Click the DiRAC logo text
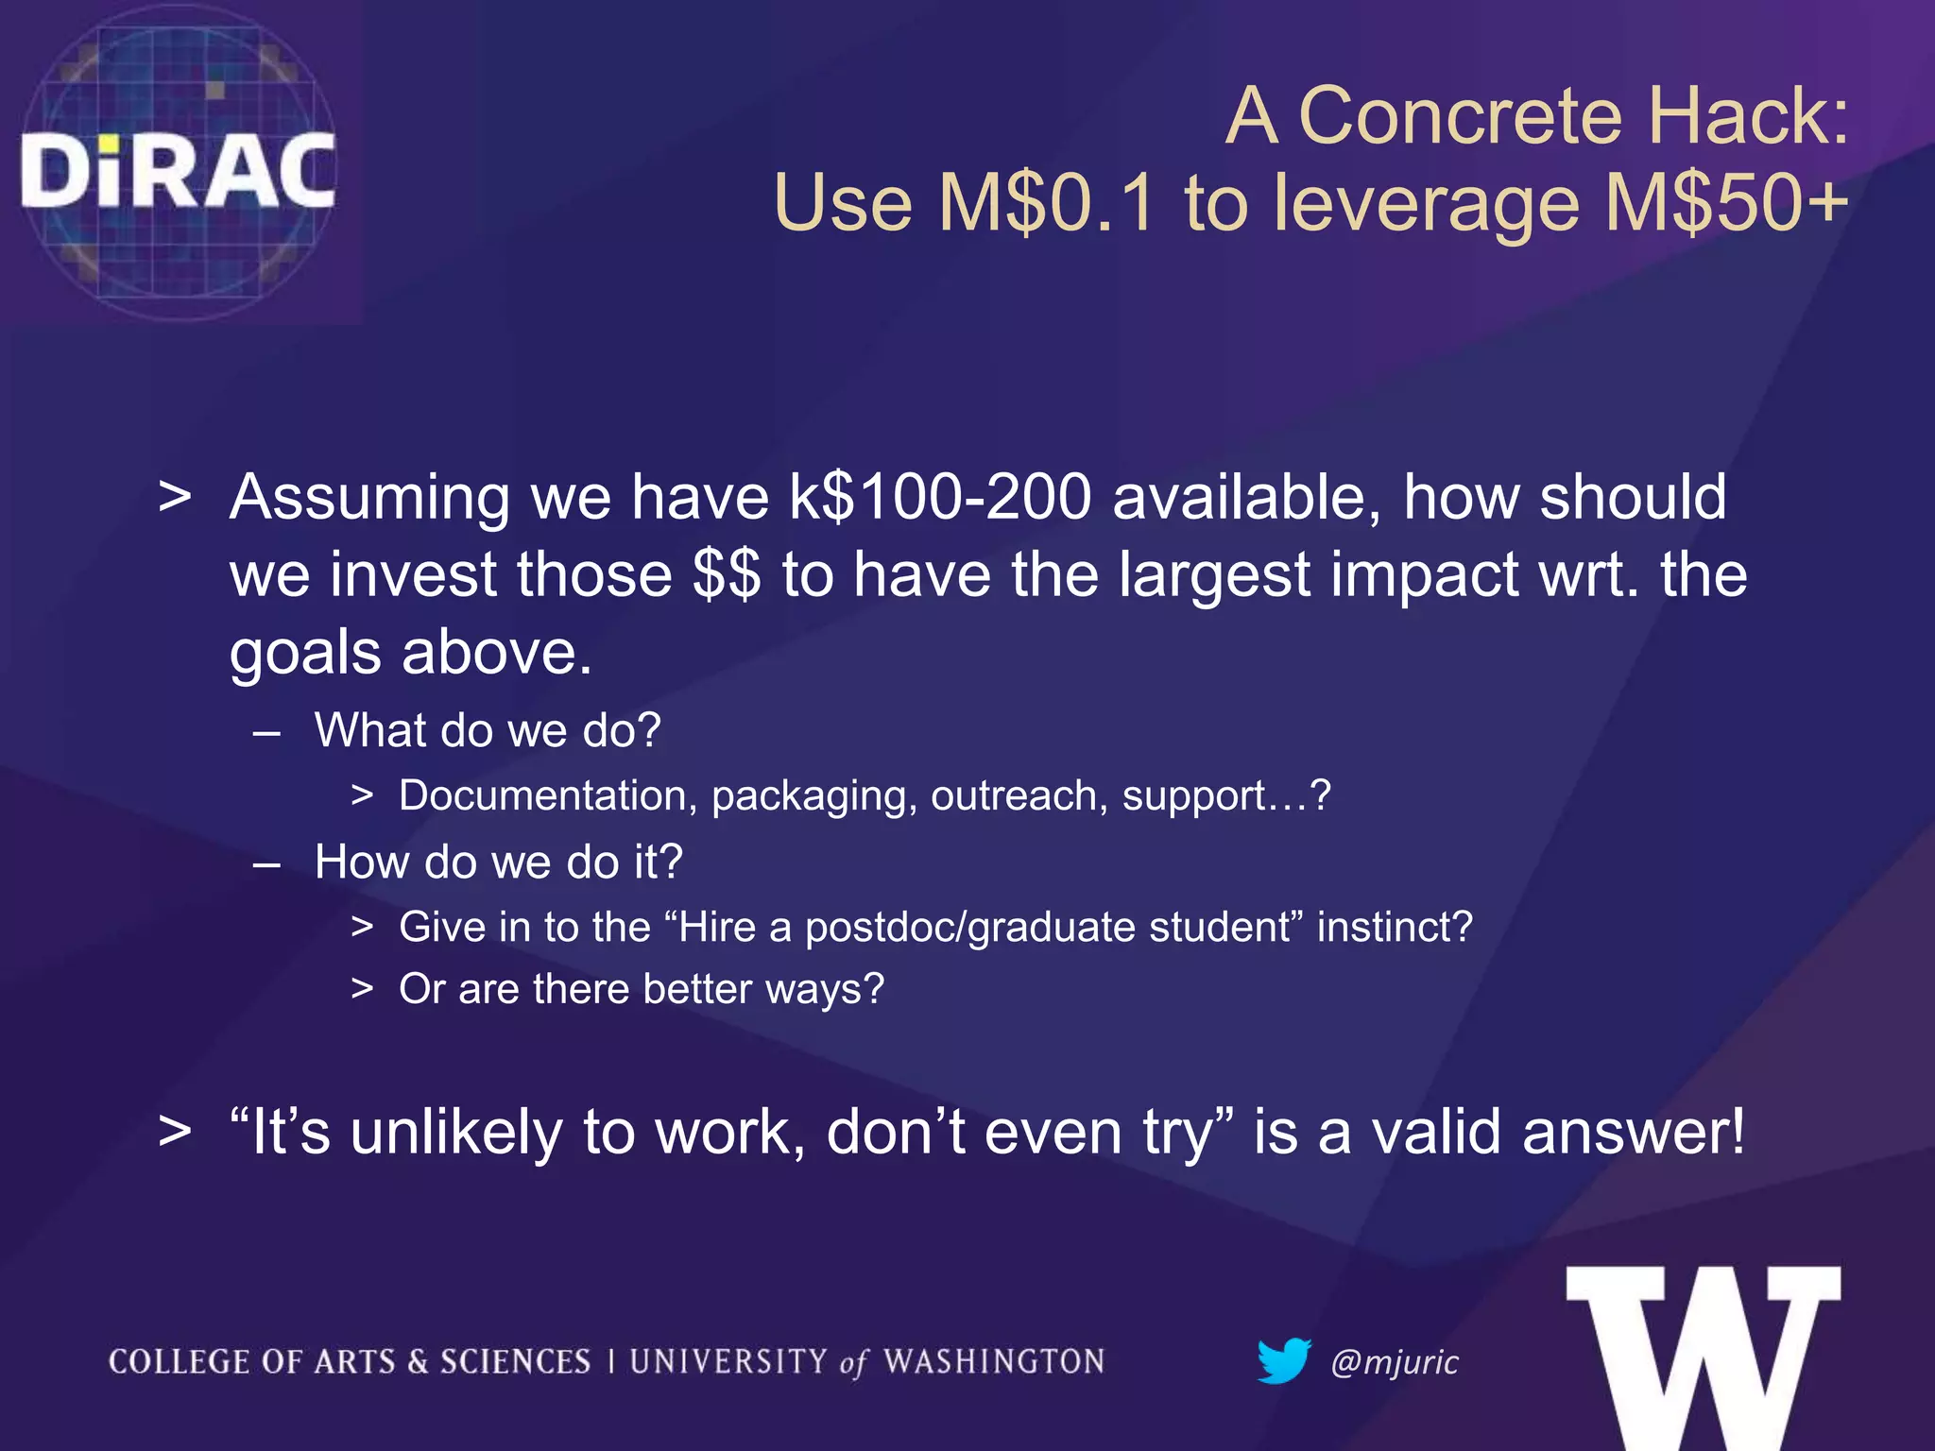coord(178,170)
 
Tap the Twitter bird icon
coord(1283,1360)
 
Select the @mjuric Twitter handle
coord(1395,1362)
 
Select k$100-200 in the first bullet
coord(940,497)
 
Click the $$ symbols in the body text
coord(726,574)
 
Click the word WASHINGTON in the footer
coord(994,1361)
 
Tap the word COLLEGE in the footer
coord(179,1361)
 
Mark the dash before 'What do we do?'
coord(267,731)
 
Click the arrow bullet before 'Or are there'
coord(362,989)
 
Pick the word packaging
coord(814,796)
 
